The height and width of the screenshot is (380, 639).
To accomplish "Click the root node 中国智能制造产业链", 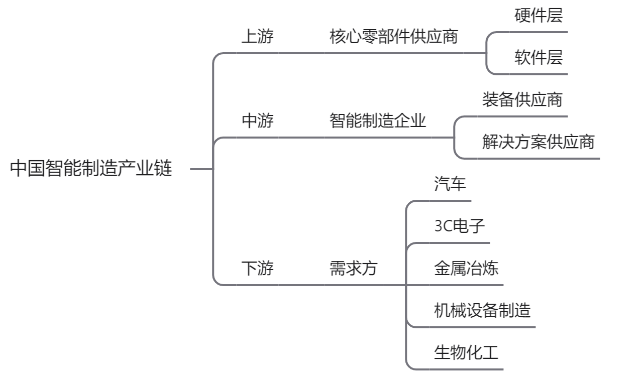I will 91,169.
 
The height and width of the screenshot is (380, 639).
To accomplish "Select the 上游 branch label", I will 258,37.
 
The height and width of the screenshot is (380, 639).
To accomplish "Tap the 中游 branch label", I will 258,121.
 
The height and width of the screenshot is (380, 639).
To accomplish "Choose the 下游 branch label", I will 258,269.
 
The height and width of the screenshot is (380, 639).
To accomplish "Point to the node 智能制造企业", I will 377,121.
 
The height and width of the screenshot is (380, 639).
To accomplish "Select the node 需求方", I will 353,269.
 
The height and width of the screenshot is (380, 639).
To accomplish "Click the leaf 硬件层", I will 539,16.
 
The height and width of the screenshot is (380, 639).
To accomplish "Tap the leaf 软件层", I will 539,58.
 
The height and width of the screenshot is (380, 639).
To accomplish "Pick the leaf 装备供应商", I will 522,100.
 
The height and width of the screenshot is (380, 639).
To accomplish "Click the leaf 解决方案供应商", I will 538,142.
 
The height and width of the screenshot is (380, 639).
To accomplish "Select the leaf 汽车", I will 450,184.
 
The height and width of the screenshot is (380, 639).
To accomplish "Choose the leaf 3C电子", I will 460,226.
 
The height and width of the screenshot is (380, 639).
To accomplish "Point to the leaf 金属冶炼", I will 466,269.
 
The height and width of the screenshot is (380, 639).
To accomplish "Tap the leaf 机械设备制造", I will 482,311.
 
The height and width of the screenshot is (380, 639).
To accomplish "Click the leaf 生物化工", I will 466,353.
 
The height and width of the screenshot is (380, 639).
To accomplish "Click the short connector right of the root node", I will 201,170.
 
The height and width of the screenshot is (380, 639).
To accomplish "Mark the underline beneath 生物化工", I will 466,369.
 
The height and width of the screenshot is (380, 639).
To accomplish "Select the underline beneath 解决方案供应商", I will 538,159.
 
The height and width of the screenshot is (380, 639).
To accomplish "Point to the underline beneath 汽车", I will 450,201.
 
